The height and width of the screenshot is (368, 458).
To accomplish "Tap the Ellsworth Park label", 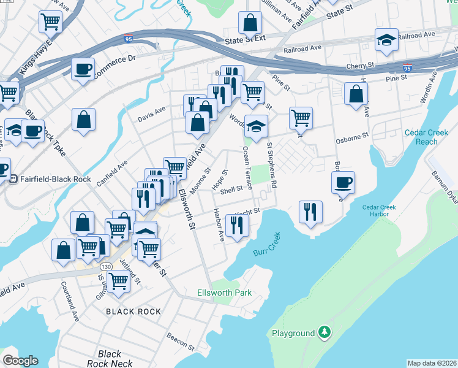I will coord(225,293).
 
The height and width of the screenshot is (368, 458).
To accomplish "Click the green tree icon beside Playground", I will coord(325,333).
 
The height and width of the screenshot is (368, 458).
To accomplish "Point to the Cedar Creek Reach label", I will coord(421,137).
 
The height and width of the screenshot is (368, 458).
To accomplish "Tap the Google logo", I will coord(20,361).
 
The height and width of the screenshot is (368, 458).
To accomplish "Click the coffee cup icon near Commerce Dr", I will coord(83,69).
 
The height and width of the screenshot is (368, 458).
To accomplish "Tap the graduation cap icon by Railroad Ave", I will coord(386,40).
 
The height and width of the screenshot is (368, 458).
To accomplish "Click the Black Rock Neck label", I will coord(110,359).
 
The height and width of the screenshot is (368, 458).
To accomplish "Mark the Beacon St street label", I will coord(181,336).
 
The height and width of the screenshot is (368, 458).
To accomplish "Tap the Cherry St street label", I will coord(360,64).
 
